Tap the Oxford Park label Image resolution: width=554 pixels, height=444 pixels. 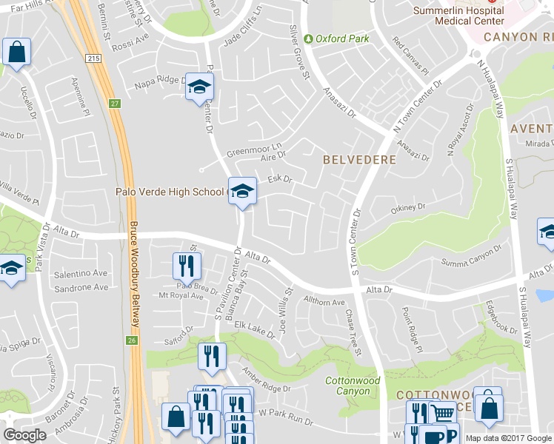click(341, 38)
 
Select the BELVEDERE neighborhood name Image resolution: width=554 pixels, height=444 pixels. click(359, 159)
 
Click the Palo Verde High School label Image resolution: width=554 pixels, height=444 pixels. click(169, 192)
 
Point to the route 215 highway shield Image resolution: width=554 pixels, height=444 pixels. click(93, 58)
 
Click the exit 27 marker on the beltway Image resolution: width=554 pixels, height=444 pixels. click(115, 104)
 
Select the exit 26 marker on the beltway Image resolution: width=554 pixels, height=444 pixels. click(132, 340)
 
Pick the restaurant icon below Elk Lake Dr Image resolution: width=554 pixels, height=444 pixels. click(212, 357)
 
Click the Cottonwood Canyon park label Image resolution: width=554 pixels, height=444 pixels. click(353, 386)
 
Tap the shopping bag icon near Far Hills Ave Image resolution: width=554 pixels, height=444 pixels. click(16, 53)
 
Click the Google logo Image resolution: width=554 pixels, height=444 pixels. click(24, 435)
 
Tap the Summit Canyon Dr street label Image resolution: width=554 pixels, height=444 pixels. click(472, 255)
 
